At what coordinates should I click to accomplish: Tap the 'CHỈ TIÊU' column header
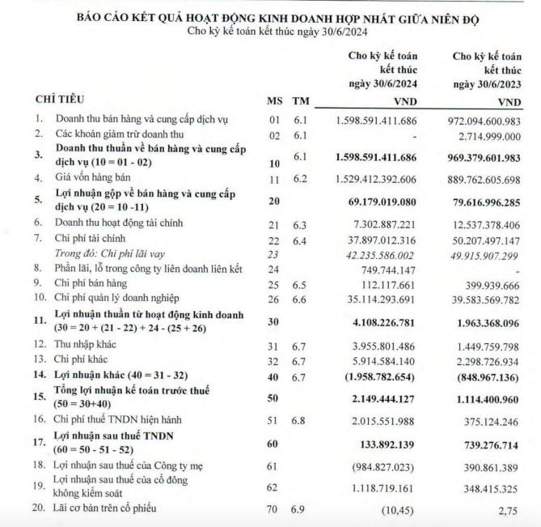tap(57, 100)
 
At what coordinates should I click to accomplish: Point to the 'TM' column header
tap(302, 100)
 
